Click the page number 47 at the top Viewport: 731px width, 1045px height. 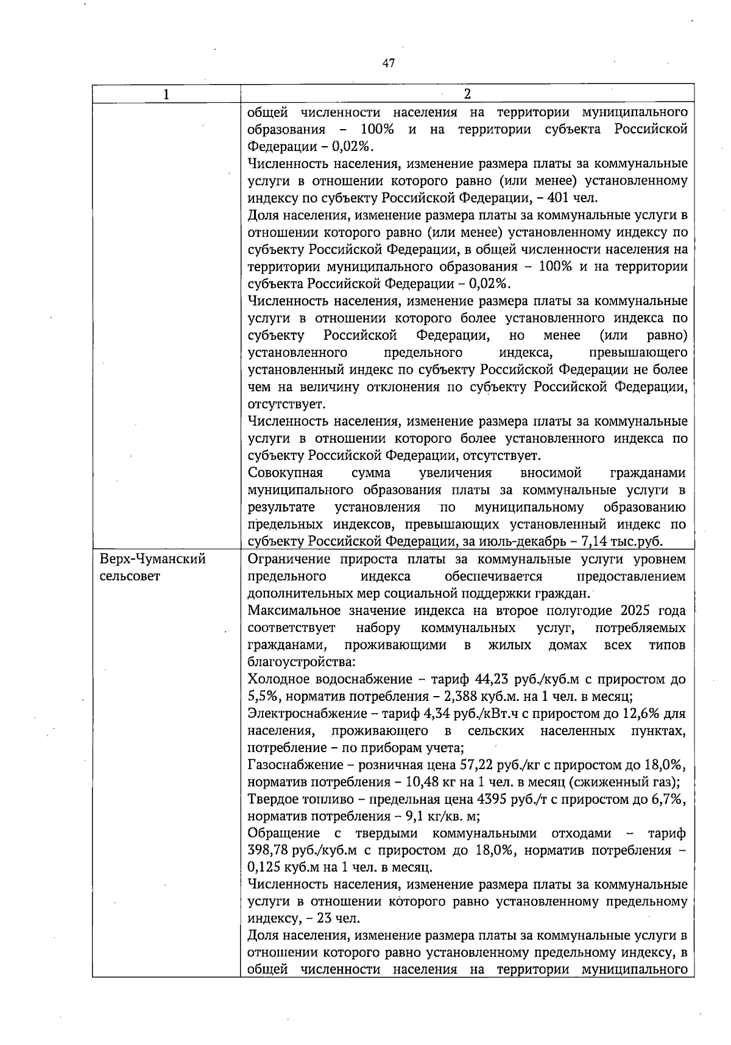click(x=389, y=63)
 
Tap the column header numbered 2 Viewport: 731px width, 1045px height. click(x=467, y=94)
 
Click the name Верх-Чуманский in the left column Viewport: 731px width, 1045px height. click(x=153, y=559)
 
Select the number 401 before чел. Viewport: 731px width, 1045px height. click(x=559, y=198)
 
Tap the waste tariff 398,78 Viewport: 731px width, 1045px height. click(x=269, y=850)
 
